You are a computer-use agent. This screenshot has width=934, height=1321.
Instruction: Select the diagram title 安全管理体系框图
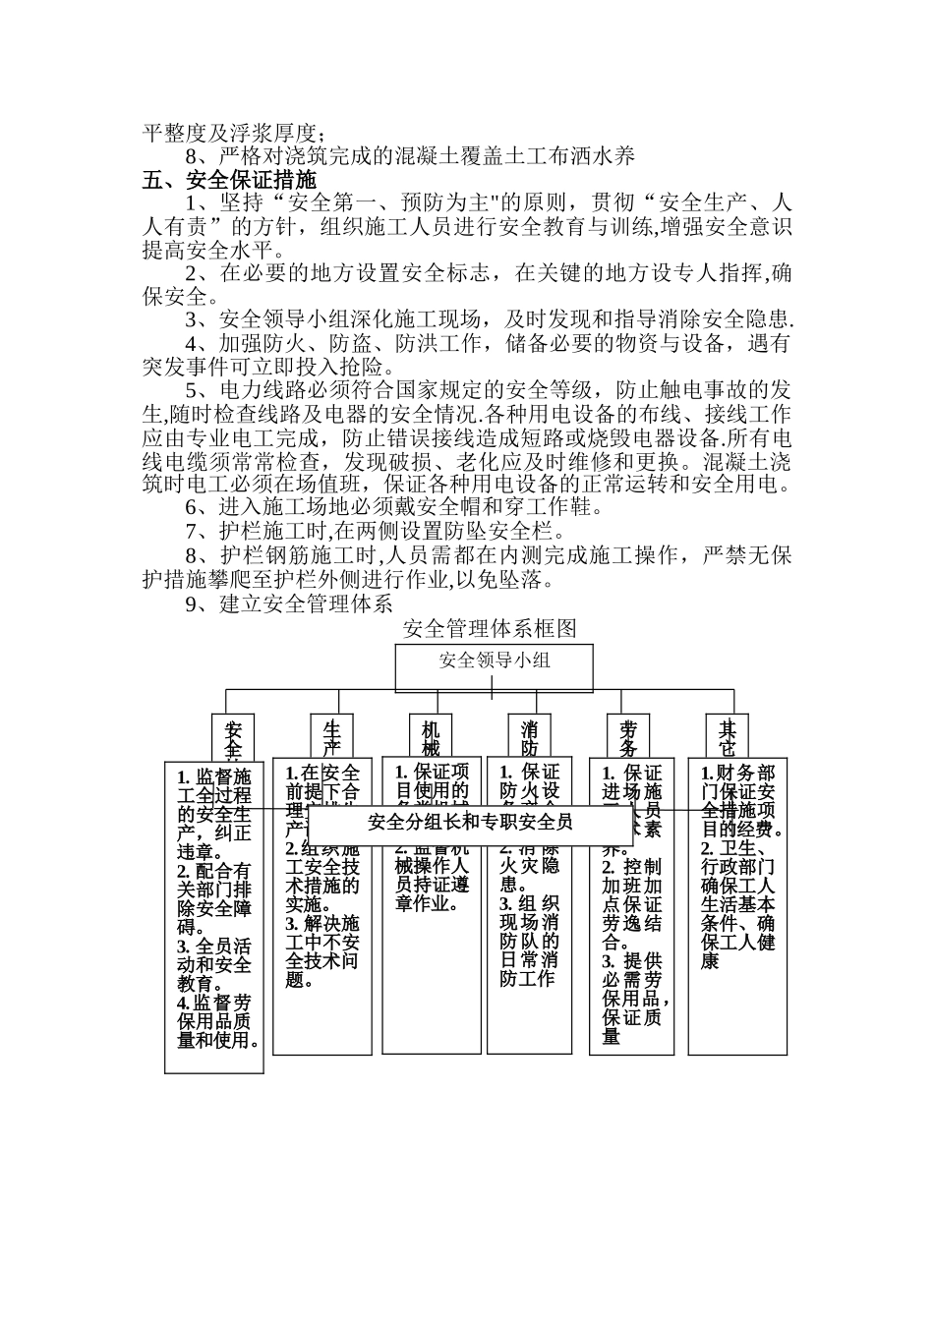[x=489, y=628]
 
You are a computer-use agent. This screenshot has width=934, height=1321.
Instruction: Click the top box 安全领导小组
[x=494, y=660]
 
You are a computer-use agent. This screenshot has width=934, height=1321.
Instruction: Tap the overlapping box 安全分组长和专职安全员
[x=469, y=823]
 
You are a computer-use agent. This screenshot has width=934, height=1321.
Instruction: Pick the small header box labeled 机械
[x=431, y=736]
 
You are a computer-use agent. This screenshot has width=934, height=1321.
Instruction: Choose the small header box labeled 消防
[x=529, y=736]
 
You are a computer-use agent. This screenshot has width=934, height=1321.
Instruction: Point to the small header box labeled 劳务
[x=628, y=736]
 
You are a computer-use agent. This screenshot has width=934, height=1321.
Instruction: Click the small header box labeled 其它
[x=728, y=736]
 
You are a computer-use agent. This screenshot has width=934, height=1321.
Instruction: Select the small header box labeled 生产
[x=331, y=736]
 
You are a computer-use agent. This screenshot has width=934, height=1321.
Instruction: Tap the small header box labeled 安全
[x=233, y=736]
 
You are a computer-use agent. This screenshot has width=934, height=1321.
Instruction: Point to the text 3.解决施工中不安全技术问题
[x=322, y=952]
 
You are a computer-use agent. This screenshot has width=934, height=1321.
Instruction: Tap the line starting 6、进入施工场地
[x=393, y=507]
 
